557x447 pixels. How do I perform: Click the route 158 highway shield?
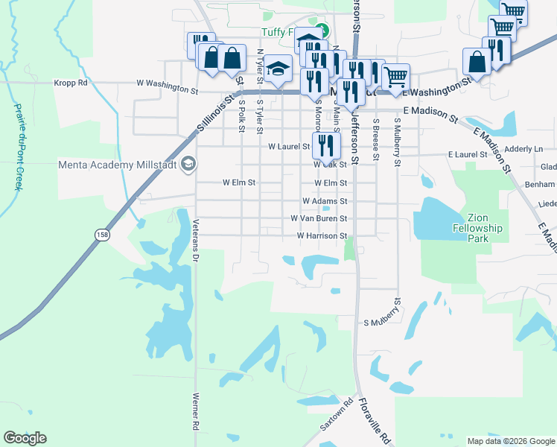pos(100,235)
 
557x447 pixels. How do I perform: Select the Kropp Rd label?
pos(71,83)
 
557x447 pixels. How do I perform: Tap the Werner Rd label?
pos(196,409)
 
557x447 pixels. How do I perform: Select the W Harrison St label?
pos(322,236)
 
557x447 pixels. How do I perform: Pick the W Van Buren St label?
pos(319,219)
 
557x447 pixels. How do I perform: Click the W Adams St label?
pos(325,201)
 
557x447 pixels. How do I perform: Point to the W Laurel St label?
pos(288,147)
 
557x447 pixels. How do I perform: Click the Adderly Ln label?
pos(523,149)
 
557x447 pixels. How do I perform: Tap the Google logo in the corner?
pos(25,438)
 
